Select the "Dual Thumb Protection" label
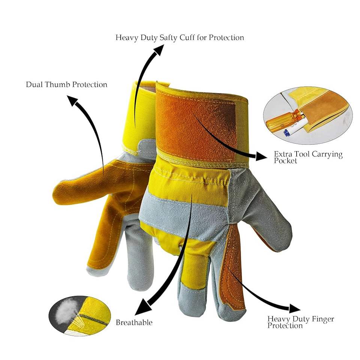(x=66, y=84)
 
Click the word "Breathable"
(x=134, y=322)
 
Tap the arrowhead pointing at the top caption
(x=158, y=50)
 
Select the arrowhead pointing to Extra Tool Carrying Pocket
(x=261, y=156)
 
